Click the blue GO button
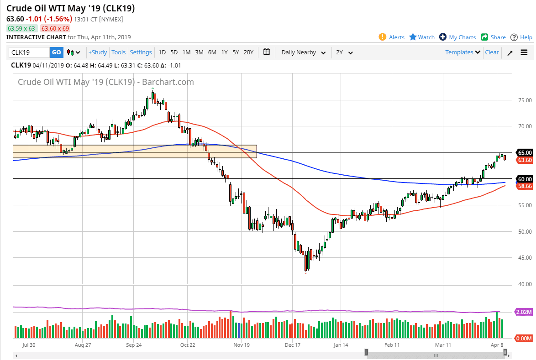[56, 52]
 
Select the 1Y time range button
[224, 52]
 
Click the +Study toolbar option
[98, 52]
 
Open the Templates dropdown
[462, 52]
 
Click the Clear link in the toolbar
[492, 52]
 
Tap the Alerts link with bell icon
[392, 37]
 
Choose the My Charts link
[457, 37]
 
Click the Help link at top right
[521, 37]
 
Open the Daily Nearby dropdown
[303, 52]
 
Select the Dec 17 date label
[292, 346]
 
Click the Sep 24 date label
[133, 346]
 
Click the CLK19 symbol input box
[29, 52]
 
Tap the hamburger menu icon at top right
[524, 52]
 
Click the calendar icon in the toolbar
[267, 52]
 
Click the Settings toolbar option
[141, 52]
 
